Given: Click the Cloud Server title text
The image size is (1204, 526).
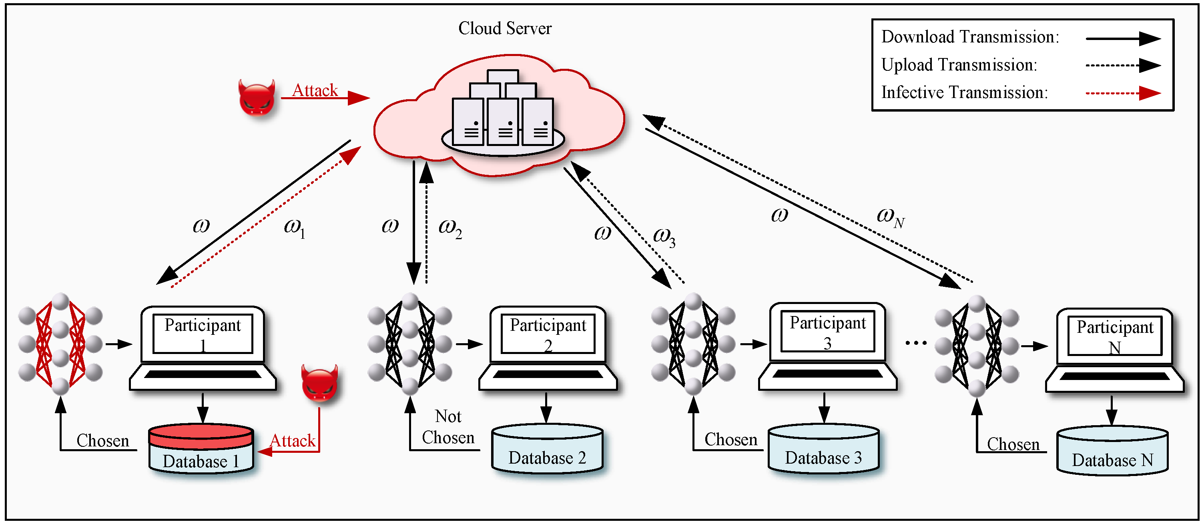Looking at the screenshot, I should tap(504, 28).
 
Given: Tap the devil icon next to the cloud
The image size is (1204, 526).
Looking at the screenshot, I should tap(256, 98).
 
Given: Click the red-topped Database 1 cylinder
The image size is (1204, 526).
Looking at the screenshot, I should tap(201, 448).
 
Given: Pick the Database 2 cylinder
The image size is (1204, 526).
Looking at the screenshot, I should tap(547, 448).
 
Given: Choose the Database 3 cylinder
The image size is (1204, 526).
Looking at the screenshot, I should tap(823, 448).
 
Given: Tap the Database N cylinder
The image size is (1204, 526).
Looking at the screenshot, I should tap(1112, 451).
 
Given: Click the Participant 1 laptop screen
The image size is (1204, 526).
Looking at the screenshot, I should tap(203, 334).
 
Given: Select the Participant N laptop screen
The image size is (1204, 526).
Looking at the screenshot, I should tap(1115, 336).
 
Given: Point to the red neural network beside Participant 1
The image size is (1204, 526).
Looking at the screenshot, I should tap(60, 344).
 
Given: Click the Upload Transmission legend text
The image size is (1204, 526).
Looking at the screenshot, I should tap(959, 65).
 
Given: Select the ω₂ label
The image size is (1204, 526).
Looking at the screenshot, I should tap(449, 228).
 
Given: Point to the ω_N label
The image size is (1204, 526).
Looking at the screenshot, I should tap(890, 217).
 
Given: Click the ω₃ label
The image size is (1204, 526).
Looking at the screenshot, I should tap(664, 236).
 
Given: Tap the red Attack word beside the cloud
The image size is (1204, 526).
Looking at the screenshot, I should tap(315, 90).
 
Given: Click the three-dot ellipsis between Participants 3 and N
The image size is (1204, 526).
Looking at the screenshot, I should tap(916, 343).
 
